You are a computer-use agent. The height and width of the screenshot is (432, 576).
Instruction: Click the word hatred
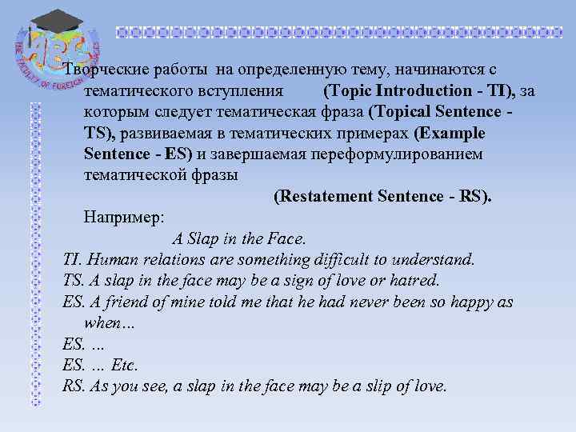click(x=415, y=281)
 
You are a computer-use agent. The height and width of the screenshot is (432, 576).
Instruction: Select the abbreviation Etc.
click(x=126, y=365)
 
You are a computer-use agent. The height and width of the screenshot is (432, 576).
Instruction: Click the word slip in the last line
click(x=381, y=386)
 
